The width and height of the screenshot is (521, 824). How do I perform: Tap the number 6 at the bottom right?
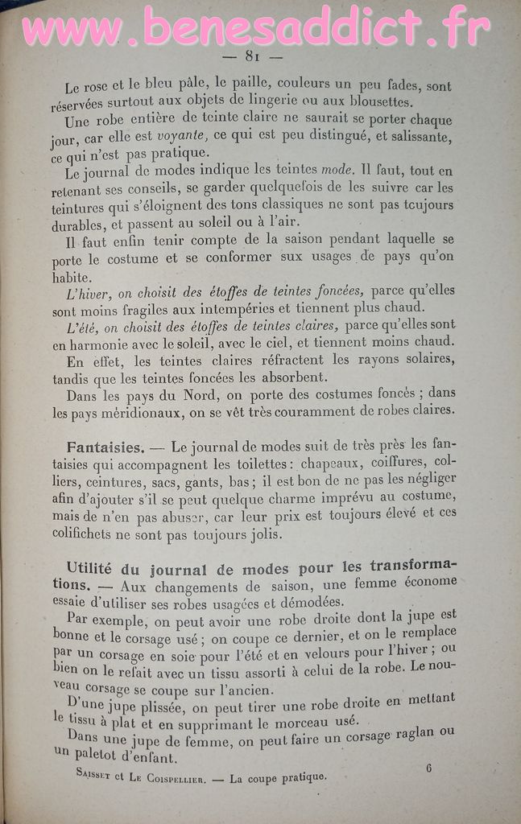pos(428,768)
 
